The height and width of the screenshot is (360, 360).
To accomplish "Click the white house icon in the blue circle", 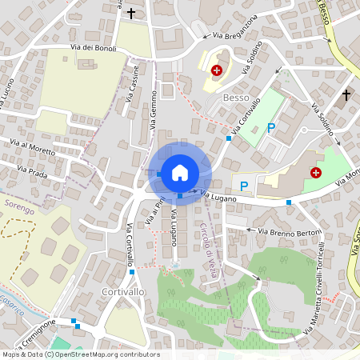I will (180, 171).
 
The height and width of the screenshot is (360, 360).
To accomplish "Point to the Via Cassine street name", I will (132, 84).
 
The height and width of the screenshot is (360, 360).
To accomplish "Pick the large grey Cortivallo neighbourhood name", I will (124, 293).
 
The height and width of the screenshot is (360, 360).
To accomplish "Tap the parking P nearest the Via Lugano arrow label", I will (245, 186).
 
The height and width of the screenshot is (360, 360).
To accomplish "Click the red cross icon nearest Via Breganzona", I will (216, 70).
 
